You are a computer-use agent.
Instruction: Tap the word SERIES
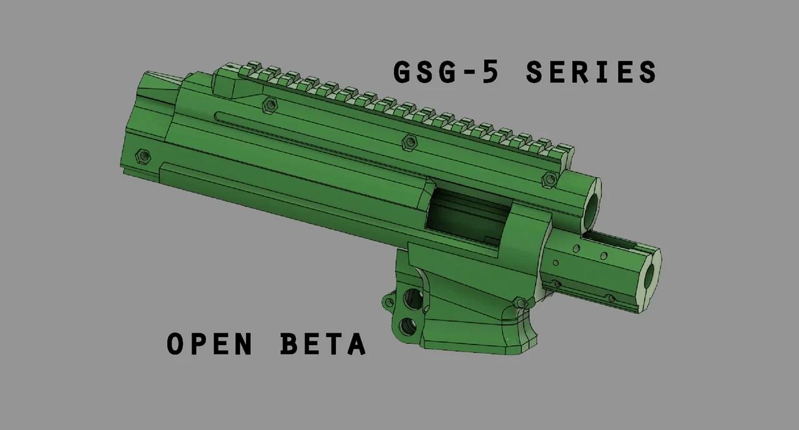coord(591,72)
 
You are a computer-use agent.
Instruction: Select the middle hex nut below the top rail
coord(409,142)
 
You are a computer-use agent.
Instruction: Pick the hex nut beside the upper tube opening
coord(549,180)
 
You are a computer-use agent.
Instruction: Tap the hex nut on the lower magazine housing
coord(518,303)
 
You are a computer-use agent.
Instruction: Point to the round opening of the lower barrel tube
coord(650,274)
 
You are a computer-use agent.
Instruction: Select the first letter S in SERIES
coord(536,72)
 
